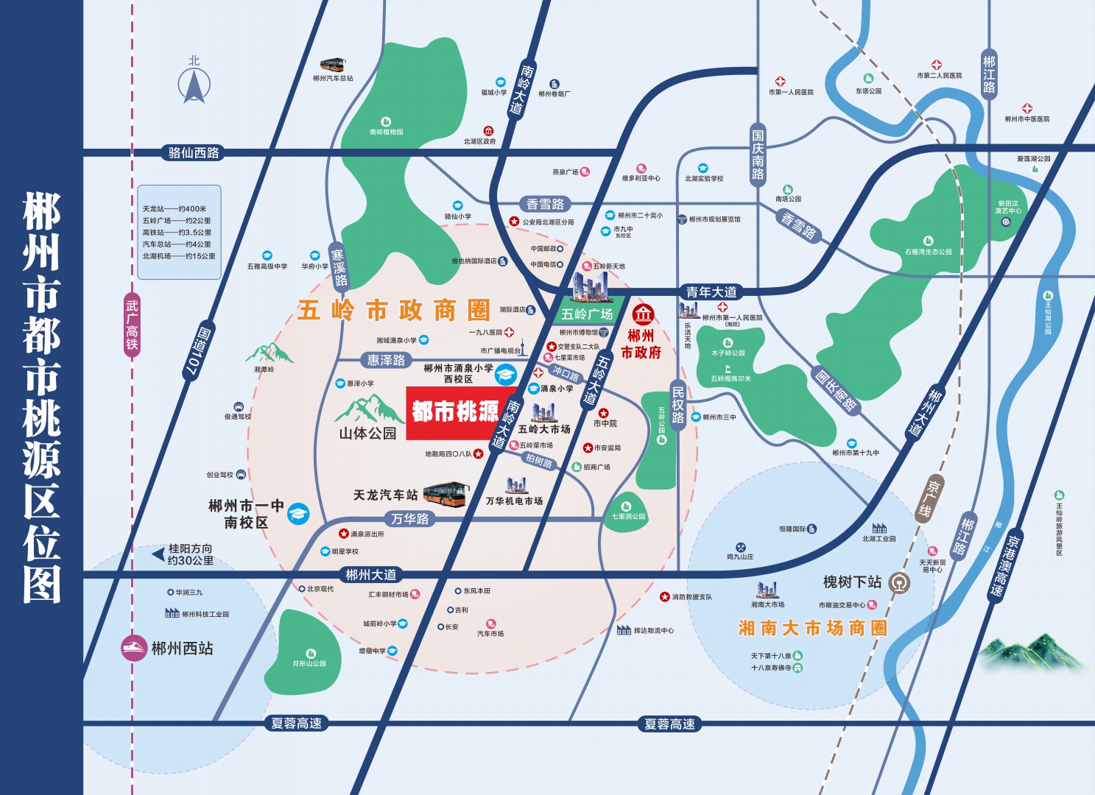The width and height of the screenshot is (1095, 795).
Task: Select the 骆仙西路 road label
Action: coord(194,153)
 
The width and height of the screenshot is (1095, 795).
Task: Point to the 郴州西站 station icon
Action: coord(134,649)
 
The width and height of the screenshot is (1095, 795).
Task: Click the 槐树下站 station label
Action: coord(852,582)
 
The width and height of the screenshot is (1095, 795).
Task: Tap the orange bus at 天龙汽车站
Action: coord(446,494)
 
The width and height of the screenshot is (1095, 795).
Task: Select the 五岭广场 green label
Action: coord(587,314)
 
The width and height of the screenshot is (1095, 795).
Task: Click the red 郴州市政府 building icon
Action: coord(644,314)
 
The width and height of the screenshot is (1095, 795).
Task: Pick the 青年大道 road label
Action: coord(711,292)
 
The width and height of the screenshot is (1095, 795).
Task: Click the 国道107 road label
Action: coord(197,352)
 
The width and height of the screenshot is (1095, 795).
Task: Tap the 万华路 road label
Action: coord(410,519)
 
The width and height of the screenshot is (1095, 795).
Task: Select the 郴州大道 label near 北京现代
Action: coord(371,574)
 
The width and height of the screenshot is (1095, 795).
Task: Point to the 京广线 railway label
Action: coord(934,499)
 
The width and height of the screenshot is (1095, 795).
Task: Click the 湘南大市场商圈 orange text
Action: coord(812,628)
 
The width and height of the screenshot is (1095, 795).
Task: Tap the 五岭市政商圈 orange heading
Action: coord(394,311)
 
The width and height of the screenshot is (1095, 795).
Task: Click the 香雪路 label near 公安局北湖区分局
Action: coord(545,205)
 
